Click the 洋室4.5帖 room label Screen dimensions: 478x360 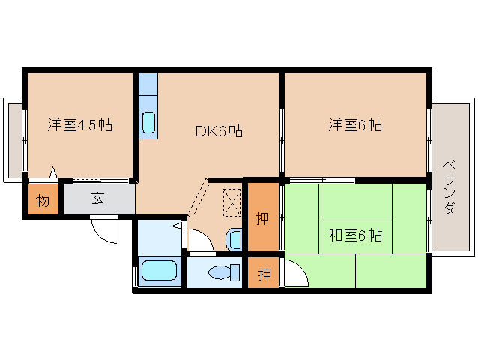click(80, 124)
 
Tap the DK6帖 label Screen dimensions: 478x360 click(219, 131)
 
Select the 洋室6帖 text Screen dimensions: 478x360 click(355, 124)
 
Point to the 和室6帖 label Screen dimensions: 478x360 click(355, 235)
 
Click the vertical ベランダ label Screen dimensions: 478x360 click(449, 187)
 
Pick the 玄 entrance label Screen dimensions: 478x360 click(98, 199)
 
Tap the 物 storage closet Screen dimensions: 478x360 click(43, 199)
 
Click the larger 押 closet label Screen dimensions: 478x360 click(262, 218)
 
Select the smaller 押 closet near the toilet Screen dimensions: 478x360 click(264, 272)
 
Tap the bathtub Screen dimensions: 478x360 click(159, 270)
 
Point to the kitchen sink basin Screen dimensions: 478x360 click(149, 123)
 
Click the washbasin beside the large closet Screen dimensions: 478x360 click(235, 239)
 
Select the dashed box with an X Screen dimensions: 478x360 click(232, 202)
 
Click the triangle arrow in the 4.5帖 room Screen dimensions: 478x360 click(53, 172)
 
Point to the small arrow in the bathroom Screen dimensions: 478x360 click(177, 226)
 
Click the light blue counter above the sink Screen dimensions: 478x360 click(148, 84)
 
